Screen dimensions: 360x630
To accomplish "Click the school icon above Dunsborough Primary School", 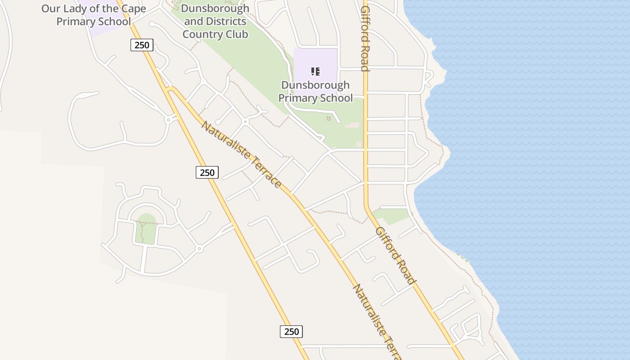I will tap(315, 71).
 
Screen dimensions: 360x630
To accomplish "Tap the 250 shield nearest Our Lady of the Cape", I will tap(142, 45).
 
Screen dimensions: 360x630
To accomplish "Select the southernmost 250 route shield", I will tap(292, 332).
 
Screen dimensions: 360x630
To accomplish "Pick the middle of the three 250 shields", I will tap(207, 172).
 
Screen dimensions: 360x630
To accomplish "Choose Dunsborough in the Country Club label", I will tap(215, 8).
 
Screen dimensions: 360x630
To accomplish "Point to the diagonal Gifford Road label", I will tap(395, 255).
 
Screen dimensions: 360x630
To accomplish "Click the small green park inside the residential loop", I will tap(146, 229).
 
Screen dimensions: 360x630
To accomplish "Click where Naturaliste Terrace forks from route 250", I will tap(170, 89).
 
